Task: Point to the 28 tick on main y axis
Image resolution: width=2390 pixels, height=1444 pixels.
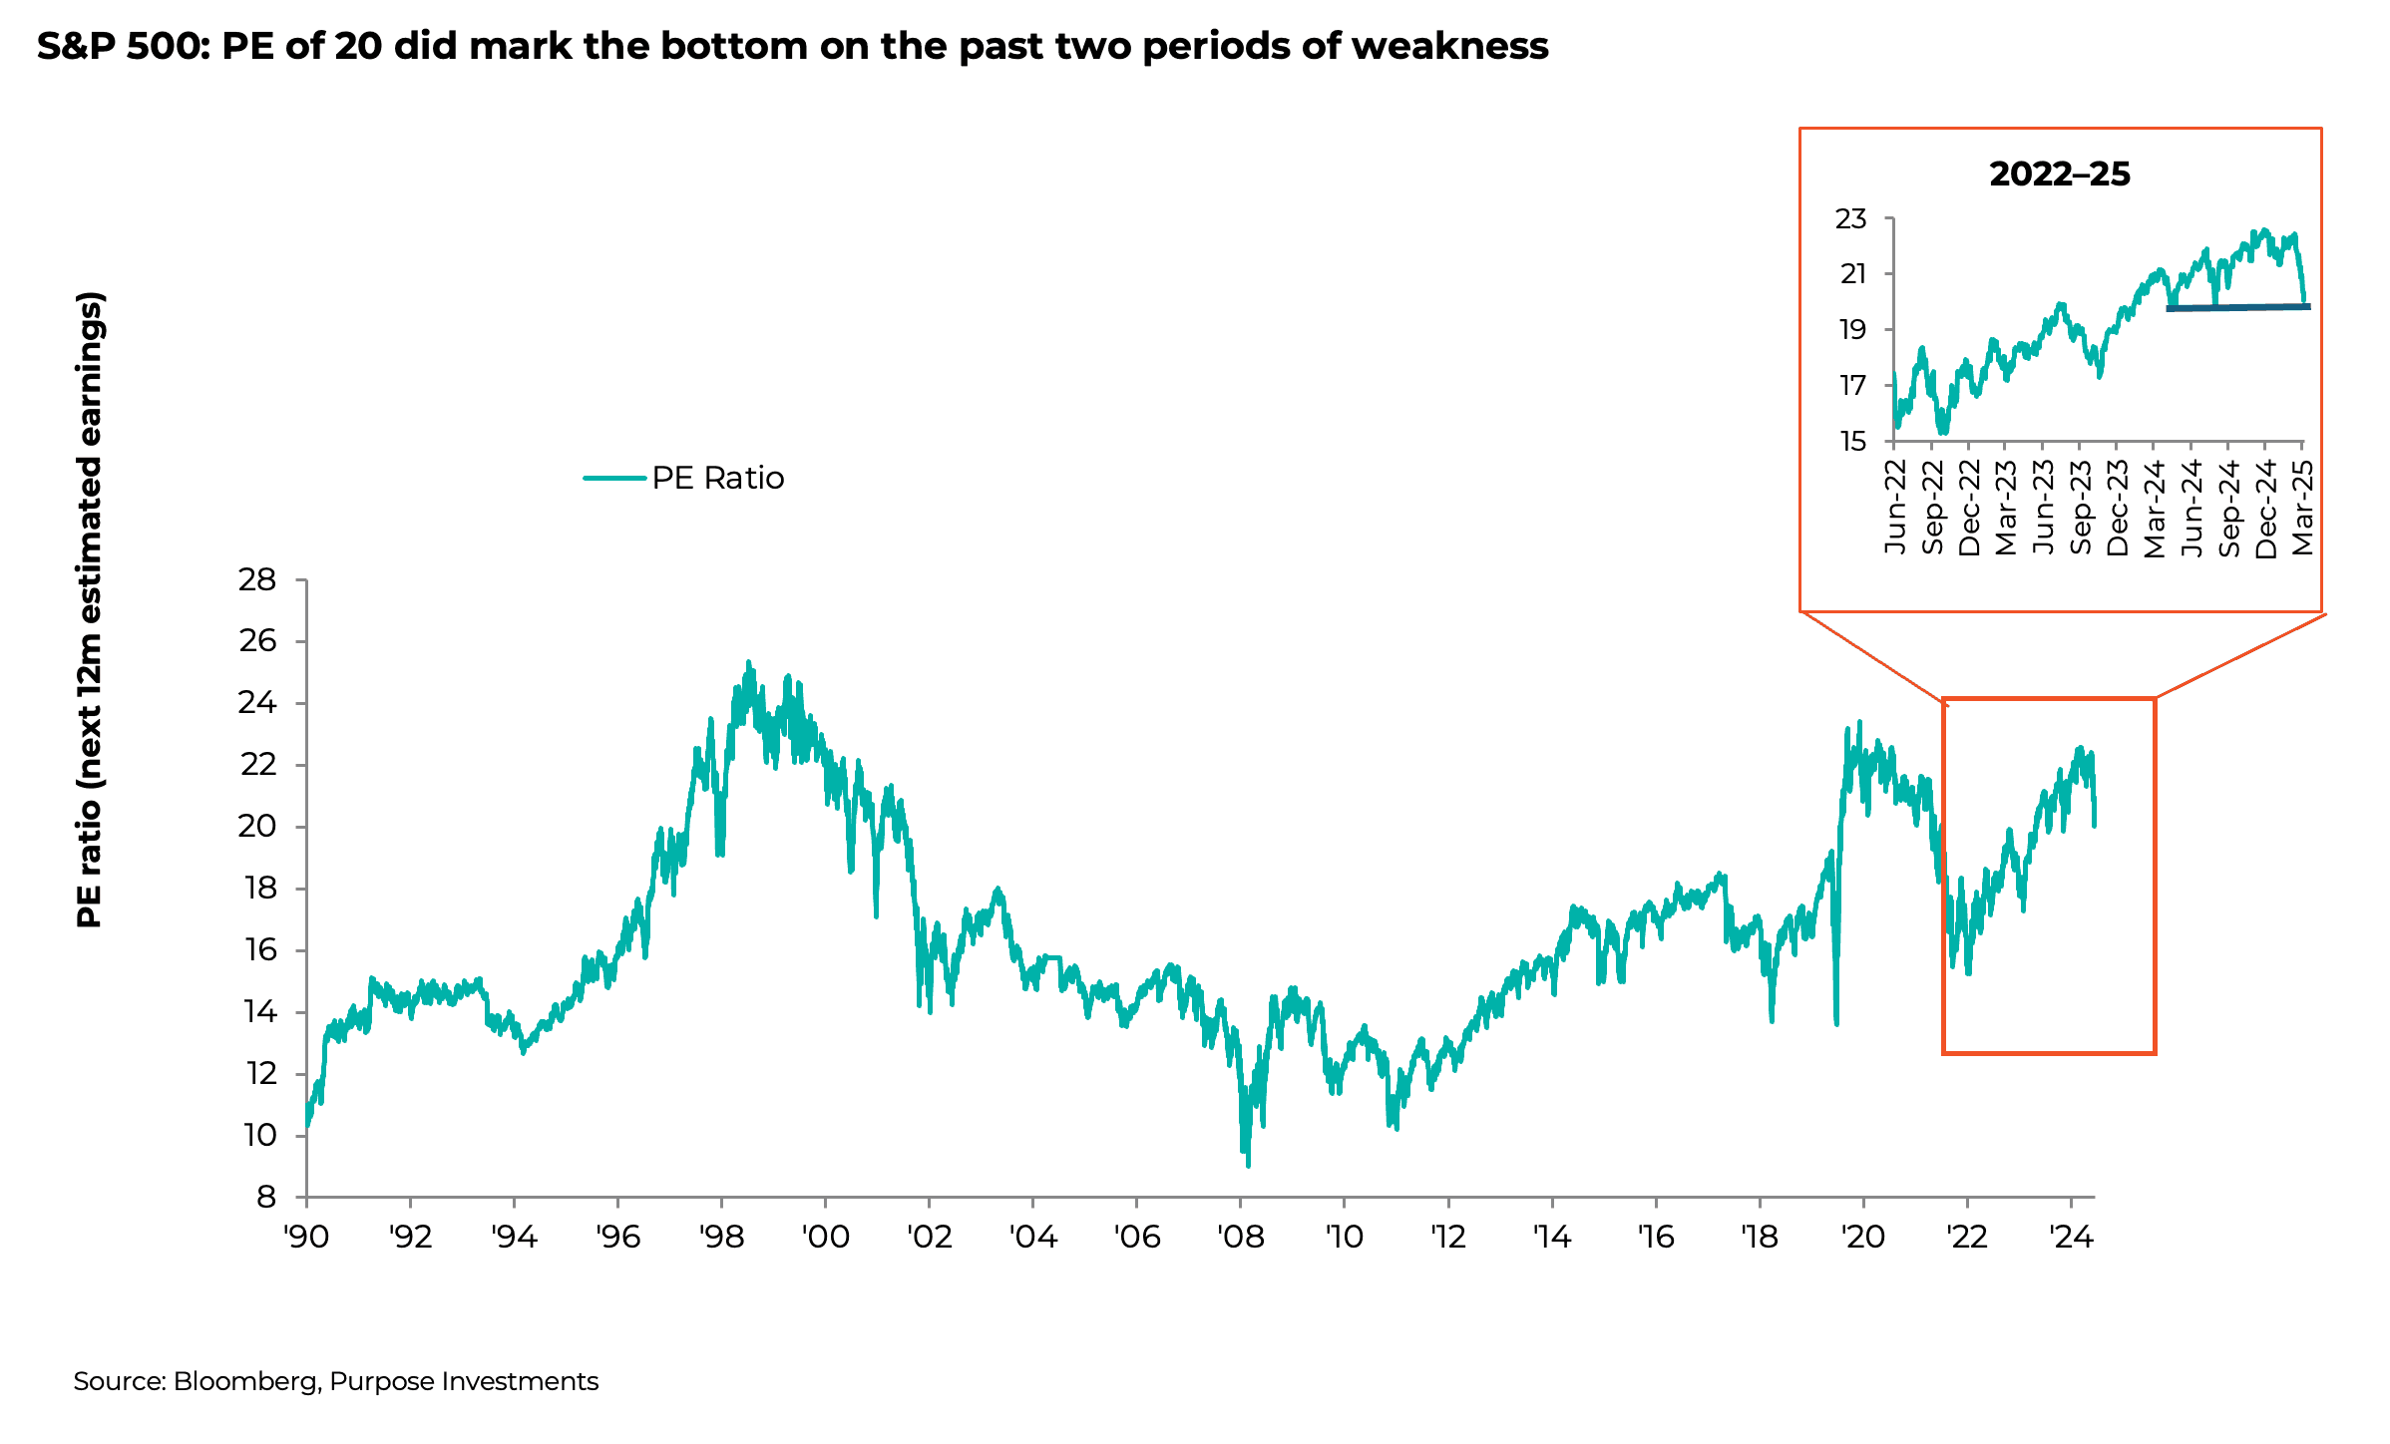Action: pos(257,579)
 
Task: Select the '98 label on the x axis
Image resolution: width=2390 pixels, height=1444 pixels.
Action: pos(721,1238)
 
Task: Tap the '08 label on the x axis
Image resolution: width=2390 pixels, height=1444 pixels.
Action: pos(1240,1238)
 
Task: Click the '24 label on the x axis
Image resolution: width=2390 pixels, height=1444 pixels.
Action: pos(2070,1238)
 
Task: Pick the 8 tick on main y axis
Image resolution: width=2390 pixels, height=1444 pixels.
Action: pos(265,1197)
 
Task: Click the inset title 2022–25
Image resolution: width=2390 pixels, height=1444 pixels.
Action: pos(2059,175)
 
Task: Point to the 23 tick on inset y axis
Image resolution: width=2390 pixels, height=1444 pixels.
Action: pos(1850,219)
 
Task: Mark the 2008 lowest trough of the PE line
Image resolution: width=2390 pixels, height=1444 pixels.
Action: pos(1248,1163)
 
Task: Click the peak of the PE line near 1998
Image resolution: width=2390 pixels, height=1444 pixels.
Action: pos(748,663)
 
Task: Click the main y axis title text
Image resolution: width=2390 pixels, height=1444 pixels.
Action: pos(90,609)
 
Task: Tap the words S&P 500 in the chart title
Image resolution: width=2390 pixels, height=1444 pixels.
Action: pos(121,46)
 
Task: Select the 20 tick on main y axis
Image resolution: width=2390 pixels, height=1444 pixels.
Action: pos(257,827)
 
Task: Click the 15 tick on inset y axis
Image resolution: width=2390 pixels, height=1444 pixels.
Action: pos(1852,442)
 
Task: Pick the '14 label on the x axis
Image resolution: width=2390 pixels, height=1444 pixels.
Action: pos(1551,1238)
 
